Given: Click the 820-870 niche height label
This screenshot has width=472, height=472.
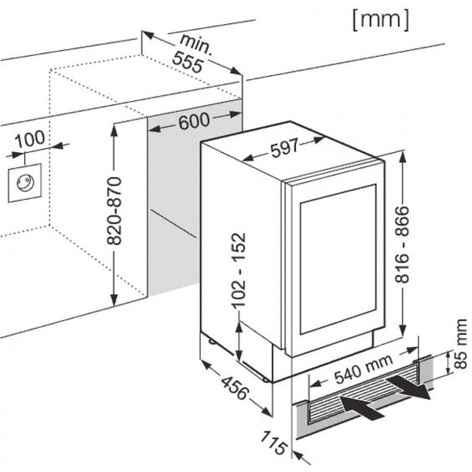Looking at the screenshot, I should click(114, 211).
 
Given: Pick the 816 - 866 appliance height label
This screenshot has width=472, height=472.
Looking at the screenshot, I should click(403, 244).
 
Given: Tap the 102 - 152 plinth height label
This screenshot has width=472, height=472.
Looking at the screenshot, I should click(240, 270).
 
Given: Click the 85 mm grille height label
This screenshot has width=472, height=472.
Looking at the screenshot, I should click(461, 344).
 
